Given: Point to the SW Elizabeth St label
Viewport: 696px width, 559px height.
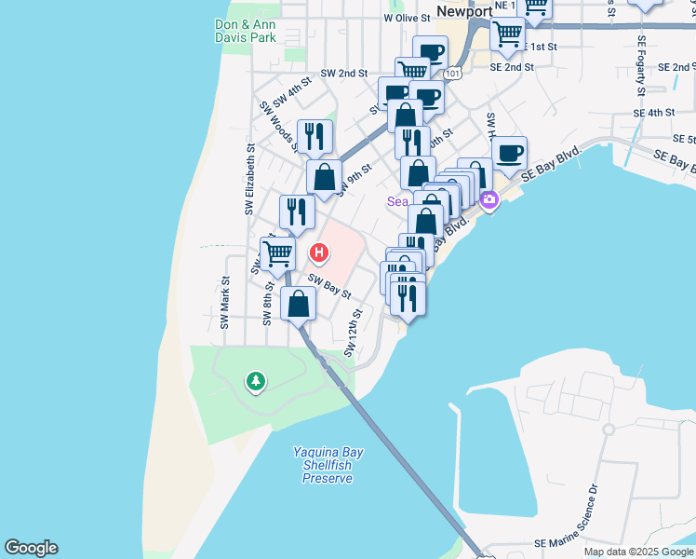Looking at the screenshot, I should click(x=249, y=180).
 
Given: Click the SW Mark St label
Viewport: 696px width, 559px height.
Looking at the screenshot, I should click(x=224, y=303).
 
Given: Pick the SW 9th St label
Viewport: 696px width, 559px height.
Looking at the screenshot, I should click(x=355, y=178).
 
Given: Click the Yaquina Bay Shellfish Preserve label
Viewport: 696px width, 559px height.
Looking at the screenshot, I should click(x=328, y=465).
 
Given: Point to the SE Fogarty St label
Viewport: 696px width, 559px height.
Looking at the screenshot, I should click(x=641, y=66).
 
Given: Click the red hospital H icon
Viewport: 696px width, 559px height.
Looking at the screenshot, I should click(x=320, y=252).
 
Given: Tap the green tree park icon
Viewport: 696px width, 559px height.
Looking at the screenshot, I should click(x=255, y=380).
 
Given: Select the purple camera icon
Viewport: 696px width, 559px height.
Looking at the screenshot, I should click(x=489, y=198).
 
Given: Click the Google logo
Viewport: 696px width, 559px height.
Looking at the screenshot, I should click(x=31, y=548).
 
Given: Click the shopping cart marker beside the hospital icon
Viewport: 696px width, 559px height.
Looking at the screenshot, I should click(x=277, y=252).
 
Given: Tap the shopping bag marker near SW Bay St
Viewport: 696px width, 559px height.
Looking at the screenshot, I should click(x=298, y=304).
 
